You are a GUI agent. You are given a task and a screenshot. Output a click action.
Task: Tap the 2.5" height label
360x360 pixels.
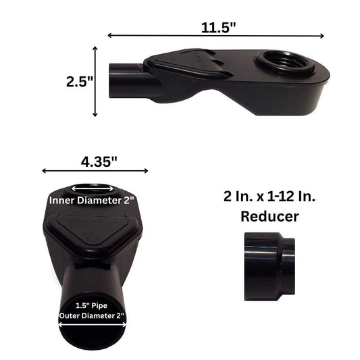click(79, 82)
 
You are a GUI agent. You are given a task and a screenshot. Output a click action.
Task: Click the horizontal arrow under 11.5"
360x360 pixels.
click(216, 36)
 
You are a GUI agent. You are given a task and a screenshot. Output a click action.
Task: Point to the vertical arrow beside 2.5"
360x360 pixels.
click(95, 81)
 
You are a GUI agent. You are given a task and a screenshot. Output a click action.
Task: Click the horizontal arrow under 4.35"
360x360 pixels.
click(95, 172)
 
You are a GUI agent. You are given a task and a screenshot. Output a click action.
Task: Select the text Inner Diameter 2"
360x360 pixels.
click(92, 201)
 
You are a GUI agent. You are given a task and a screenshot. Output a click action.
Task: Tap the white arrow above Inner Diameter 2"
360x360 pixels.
click(92, 189)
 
